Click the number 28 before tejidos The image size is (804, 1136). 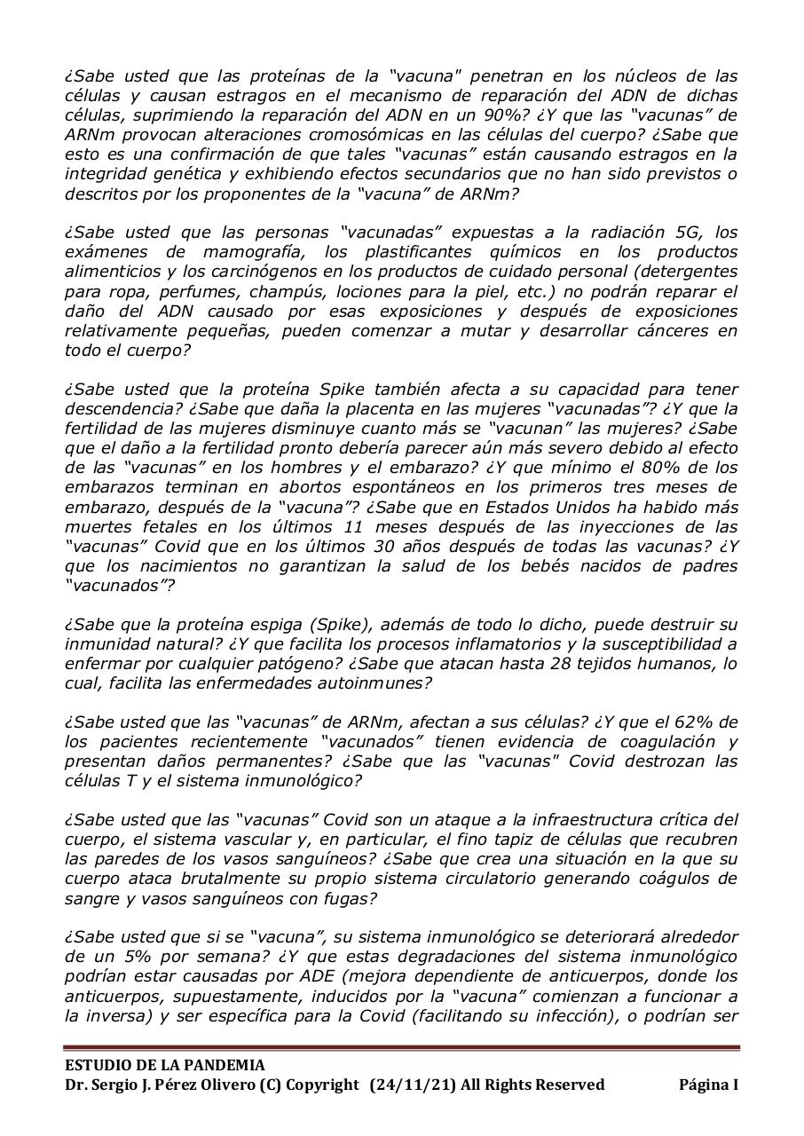(534, 664)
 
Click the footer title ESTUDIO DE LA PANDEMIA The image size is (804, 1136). (164, 1065)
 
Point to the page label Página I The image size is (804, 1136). (708, 1085)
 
